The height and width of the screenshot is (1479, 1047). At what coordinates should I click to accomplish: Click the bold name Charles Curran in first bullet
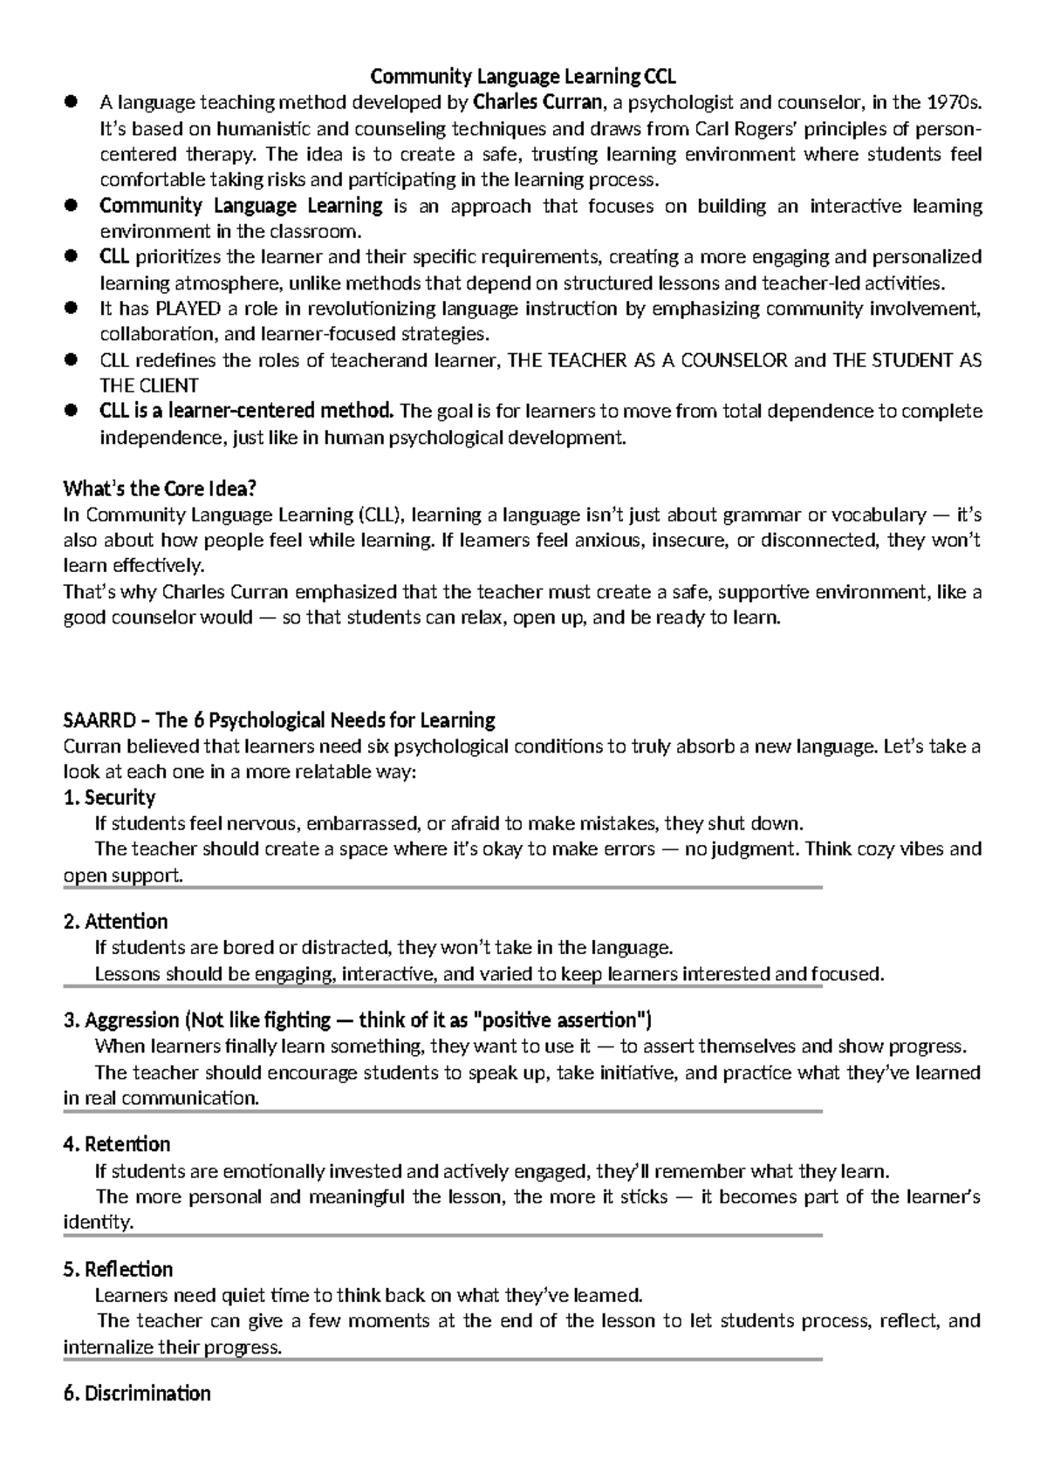click(537, 103)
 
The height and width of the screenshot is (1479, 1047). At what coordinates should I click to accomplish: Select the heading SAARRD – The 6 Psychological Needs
click(279, 720)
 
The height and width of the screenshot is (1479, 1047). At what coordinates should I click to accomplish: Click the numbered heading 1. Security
click(110, 798)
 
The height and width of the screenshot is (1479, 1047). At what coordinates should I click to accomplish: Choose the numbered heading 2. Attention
click(116, 922)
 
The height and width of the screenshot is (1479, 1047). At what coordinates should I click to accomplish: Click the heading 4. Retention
click(117, 1144)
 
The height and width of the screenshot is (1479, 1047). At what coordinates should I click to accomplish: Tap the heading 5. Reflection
click(119, 1269)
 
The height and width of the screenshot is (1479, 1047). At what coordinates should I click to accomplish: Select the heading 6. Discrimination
click(137, 1394)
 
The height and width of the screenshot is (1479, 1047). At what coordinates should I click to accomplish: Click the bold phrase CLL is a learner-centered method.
click(247, 412)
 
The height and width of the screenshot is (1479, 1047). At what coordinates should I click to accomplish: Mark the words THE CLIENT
click(149, 385)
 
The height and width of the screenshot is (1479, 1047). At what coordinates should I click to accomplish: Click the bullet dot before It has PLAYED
click(72, 309)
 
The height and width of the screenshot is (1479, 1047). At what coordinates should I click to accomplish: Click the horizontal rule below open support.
click(443, 888)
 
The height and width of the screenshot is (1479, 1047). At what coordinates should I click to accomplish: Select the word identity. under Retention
click(99, 1223)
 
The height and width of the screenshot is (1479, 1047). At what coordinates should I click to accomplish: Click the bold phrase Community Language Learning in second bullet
click(241, 206)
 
